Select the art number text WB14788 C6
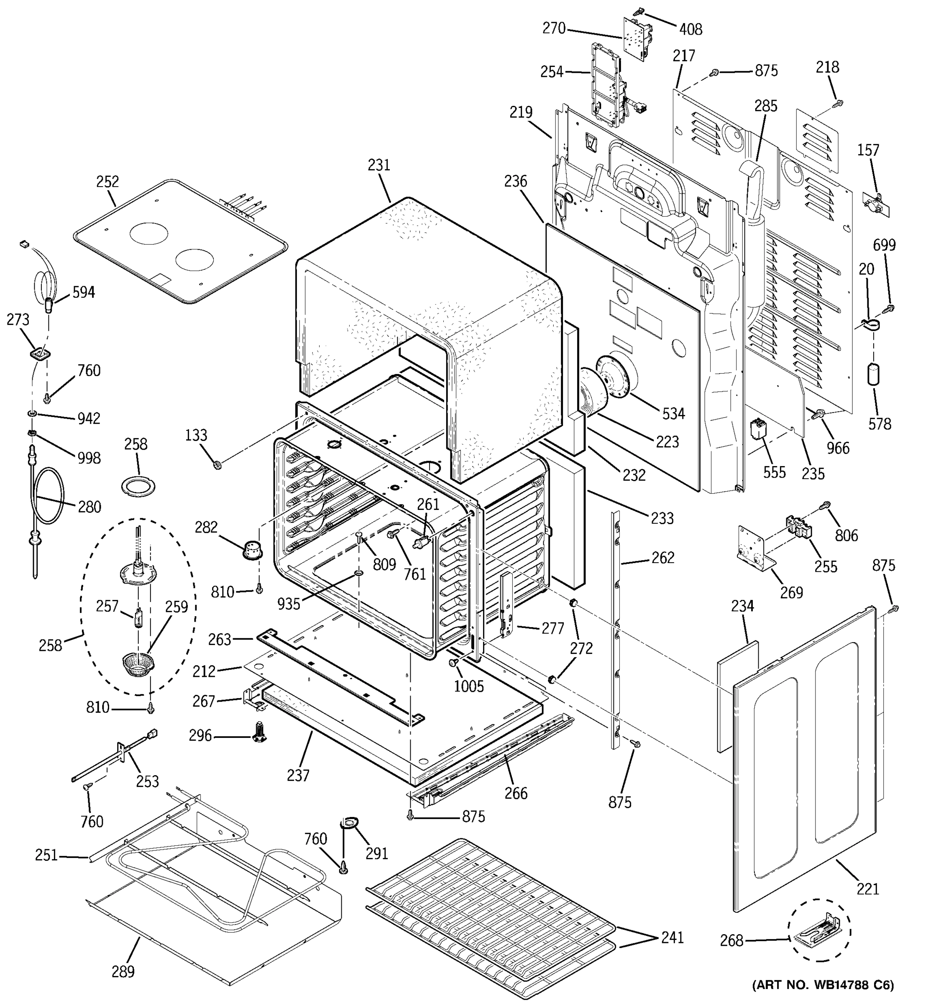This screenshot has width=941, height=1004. coord(823,985)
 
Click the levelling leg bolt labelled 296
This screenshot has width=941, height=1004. coord(259,736)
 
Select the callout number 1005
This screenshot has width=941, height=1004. coord(468,686)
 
